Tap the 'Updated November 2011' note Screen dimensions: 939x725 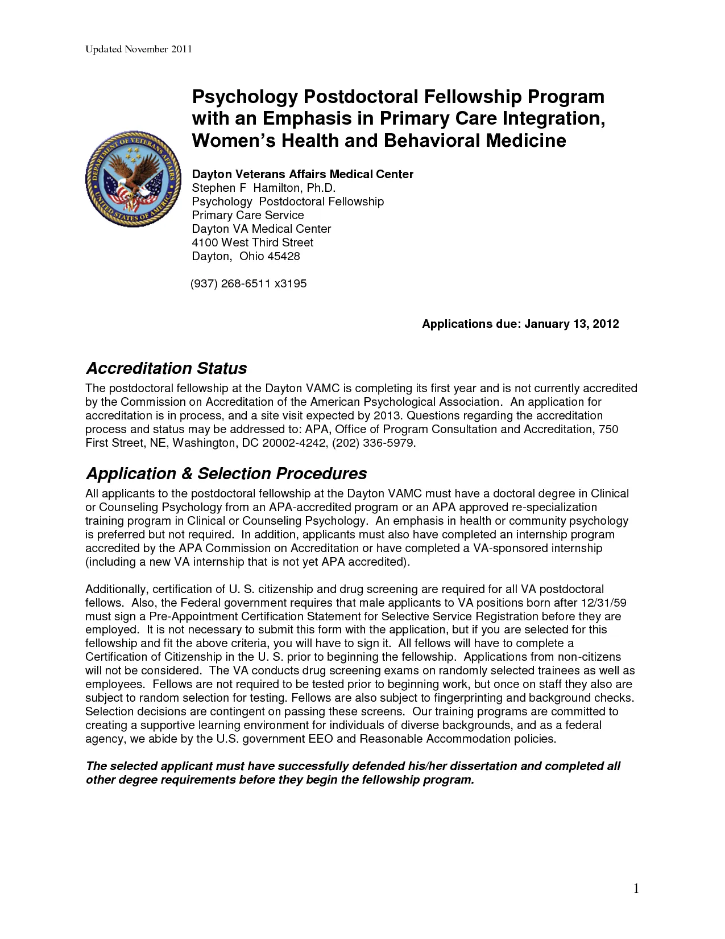coord(139,49)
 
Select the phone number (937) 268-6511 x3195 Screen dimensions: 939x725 coord(248,283)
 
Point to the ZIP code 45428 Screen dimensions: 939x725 coord(284,256)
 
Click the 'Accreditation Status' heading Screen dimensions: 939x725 coord(166,368)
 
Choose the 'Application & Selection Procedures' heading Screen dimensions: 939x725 coord(226,473)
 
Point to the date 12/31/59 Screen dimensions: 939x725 coord(603,603)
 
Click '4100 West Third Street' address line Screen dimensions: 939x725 coord(252,242)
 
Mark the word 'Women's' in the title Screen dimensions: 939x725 coord(231,140)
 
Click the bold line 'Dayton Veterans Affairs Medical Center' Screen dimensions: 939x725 coord(303,174)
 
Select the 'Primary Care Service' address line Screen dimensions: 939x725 coord(248,215)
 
